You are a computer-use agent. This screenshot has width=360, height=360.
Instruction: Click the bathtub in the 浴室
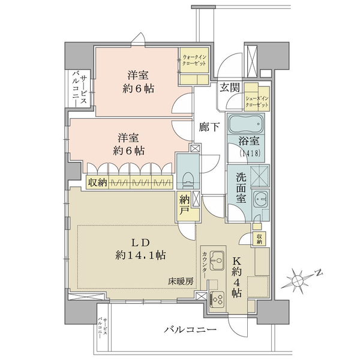point(246,124)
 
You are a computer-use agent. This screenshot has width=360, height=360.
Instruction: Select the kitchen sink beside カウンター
point(217,260)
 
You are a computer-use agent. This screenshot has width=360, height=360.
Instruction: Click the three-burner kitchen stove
point(217,299)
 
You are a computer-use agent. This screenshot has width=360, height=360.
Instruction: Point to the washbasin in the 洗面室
point(260,199)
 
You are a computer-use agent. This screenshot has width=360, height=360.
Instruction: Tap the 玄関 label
point(230,87)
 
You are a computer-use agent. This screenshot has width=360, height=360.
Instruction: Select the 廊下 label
point(209,127)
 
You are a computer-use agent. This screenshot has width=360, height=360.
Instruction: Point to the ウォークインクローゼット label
point(194,60)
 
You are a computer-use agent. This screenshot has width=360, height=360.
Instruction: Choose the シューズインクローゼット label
point(257,102)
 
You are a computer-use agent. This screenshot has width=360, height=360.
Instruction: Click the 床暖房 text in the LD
point(181,281)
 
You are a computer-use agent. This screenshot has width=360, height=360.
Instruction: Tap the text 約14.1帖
point(140,255)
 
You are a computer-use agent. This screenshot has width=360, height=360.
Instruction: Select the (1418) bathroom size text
point(250,153)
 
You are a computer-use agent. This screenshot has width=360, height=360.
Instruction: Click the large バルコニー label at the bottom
point(190,330)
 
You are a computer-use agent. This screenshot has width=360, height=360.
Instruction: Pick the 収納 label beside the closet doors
point(98,183)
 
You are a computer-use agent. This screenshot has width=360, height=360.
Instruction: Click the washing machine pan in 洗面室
point(259,175)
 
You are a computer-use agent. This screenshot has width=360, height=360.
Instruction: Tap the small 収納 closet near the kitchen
point(259,239)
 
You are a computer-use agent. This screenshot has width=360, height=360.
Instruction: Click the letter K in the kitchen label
point(236,261)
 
